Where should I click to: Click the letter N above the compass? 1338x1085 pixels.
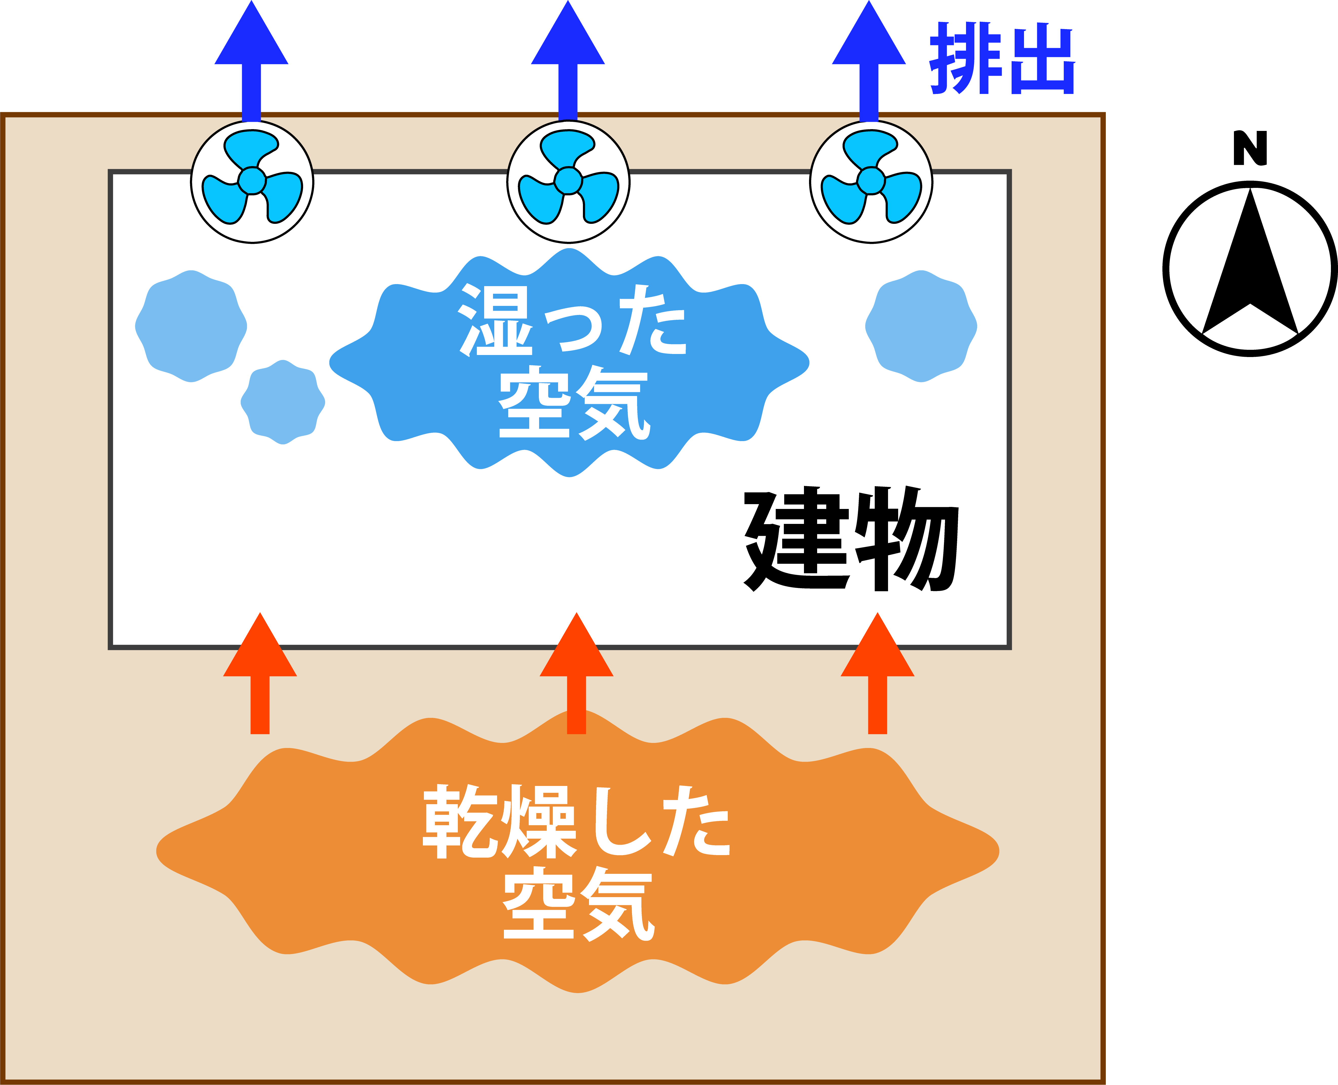point(1250,148)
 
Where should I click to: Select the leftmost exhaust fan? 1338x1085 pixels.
point(252,182)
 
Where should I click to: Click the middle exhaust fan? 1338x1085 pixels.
point(568,182)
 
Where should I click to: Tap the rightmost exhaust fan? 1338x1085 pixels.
point(871,182)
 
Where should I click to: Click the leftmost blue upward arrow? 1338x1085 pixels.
point(251,61)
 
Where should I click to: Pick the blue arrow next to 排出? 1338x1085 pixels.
point(869,61)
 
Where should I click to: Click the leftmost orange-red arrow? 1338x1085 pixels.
point(260,673)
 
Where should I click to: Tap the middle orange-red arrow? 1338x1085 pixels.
point(576,673)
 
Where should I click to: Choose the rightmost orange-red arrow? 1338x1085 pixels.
point(877,673)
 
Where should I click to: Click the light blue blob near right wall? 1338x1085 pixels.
point(921,326)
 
